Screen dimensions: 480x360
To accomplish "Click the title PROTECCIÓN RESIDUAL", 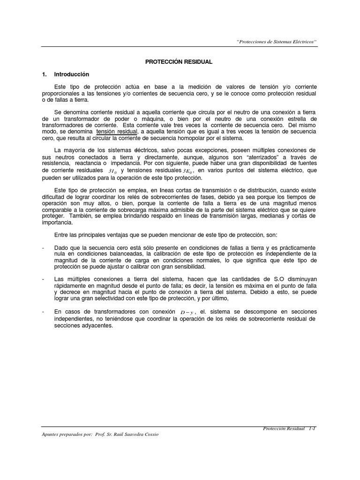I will (180, 61).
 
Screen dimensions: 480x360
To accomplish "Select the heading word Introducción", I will (71, 74).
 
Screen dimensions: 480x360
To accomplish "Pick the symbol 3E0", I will (187, 171).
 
